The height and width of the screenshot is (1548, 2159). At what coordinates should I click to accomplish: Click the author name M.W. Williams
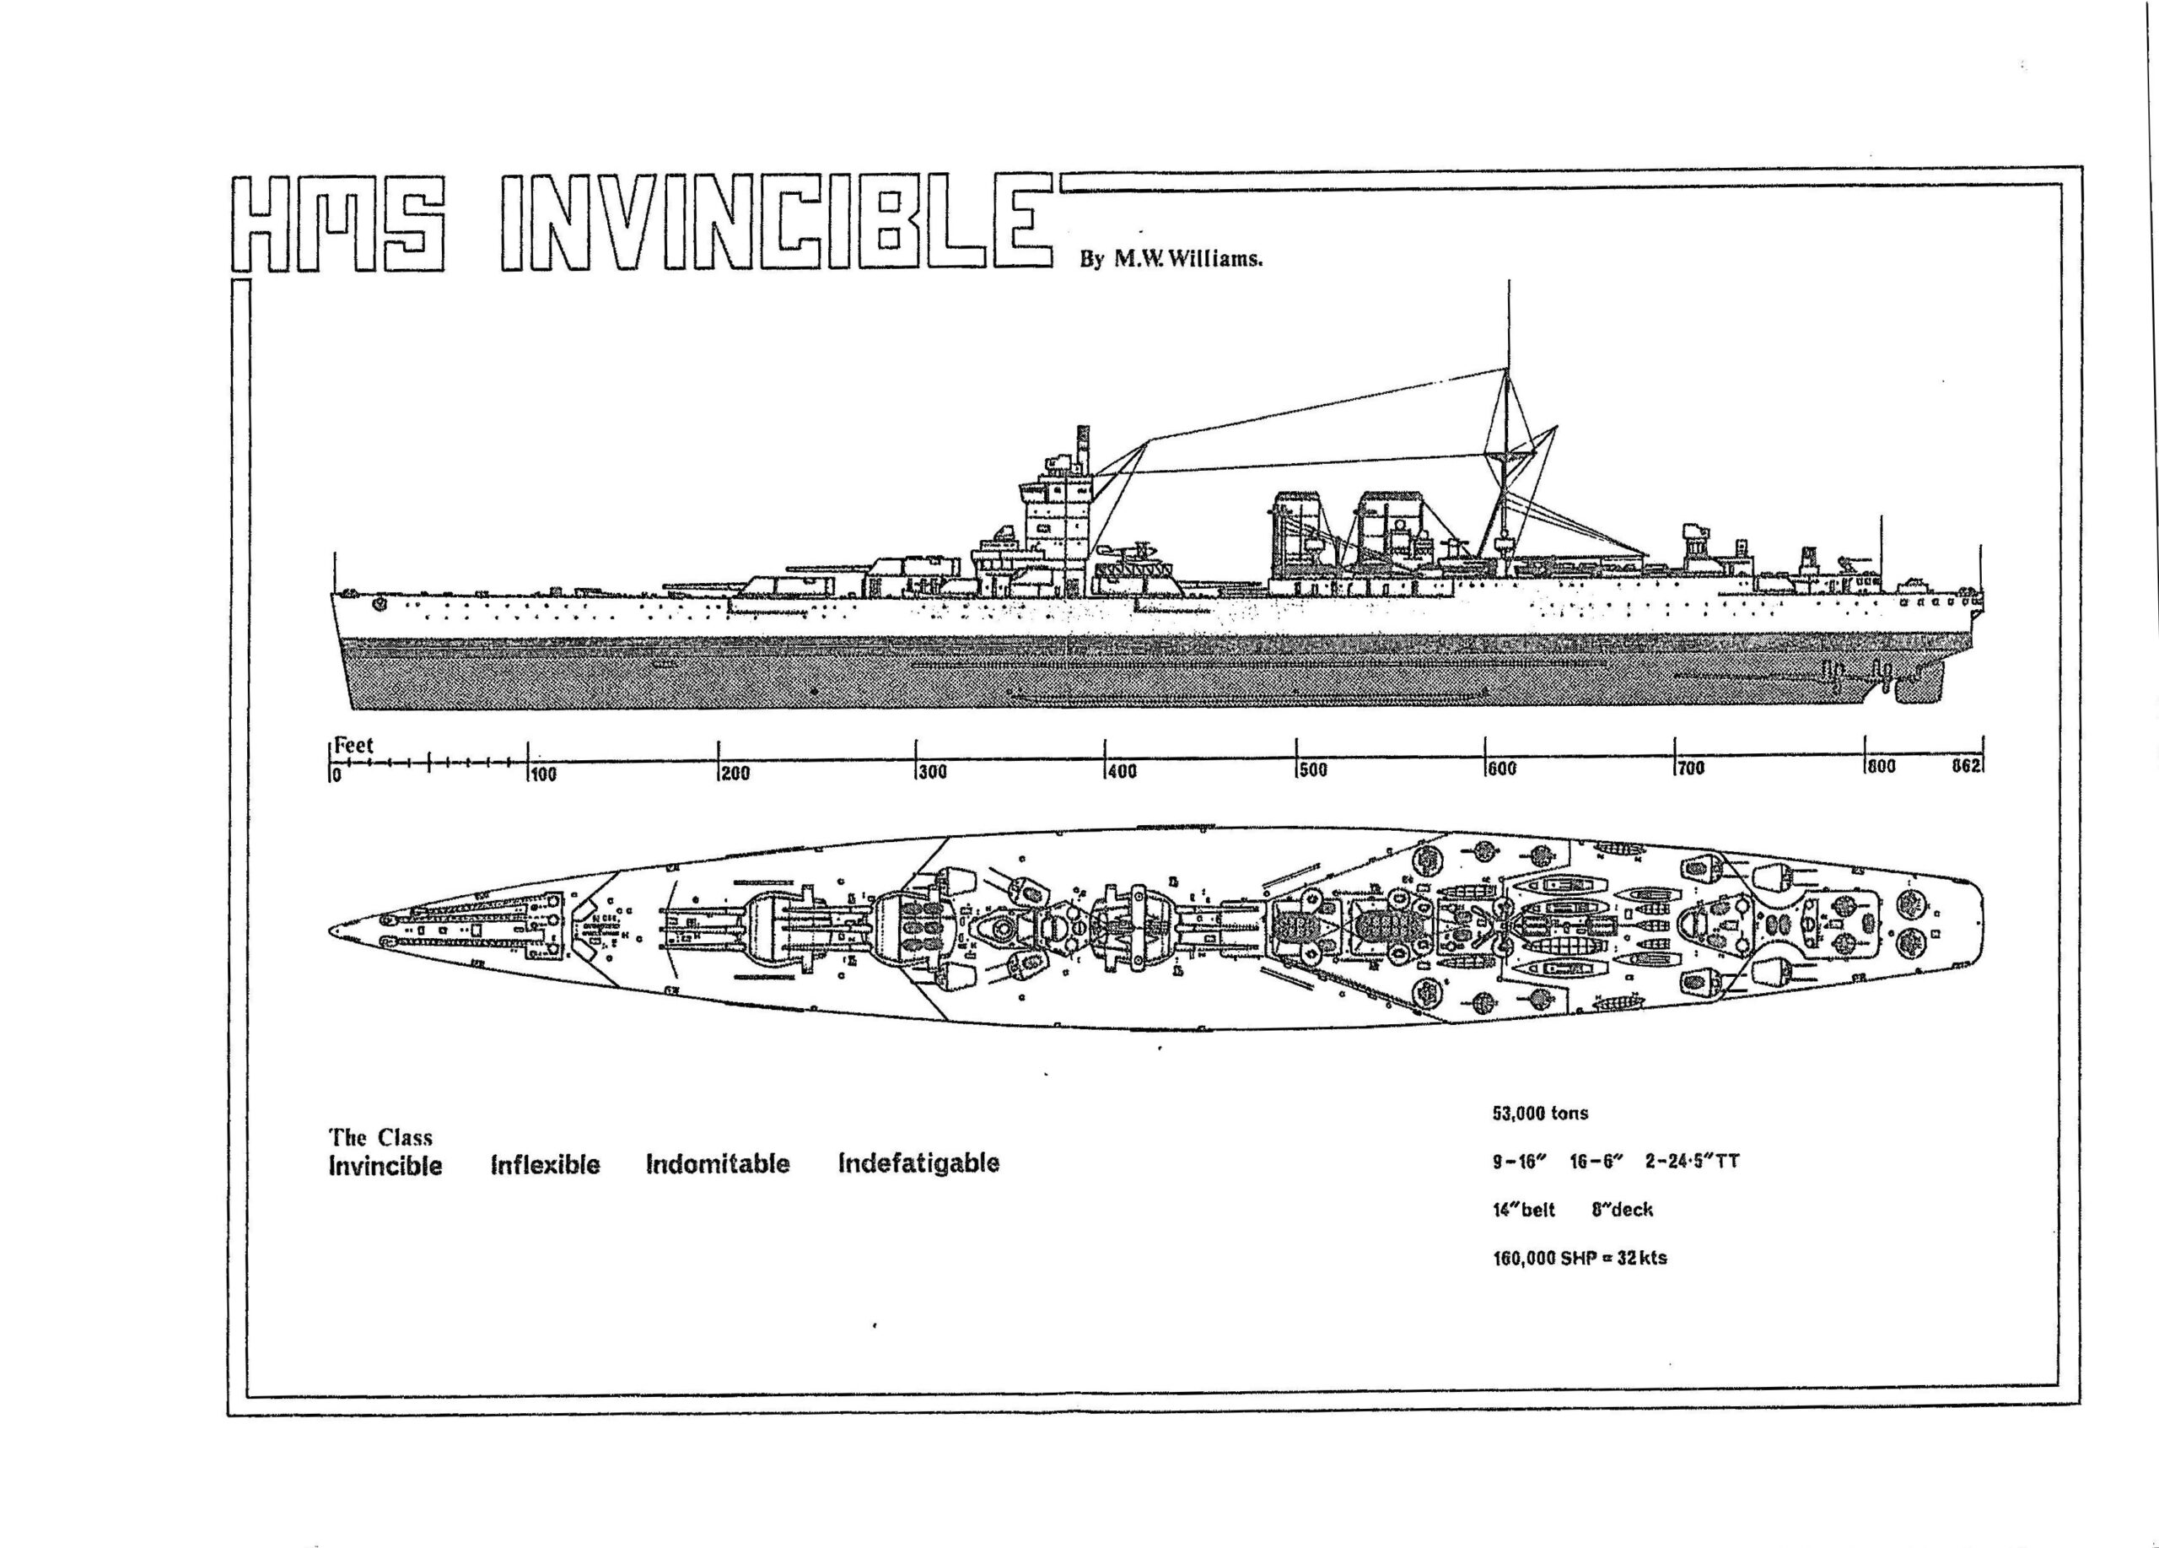click(1170, 259)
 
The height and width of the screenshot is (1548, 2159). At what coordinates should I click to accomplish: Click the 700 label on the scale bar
click(1690, 769)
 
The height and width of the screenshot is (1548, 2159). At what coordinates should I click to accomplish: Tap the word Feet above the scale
click(353, 746)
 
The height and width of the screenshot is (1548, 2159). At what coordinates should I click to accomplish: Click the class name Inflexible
click(546, 1164)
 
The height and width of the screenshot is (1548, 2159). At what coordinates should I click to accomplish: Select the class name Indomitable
click(717, 1163)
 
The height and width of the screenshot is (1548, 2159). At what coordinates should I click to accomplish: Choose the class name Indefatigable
click(918, 1162)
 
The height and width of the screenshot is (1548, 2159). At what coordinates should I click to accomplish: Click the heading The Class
click(380, 1138)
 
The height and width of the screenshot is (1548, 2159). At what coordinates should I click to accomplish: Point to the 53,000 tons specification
click(1540, 1113)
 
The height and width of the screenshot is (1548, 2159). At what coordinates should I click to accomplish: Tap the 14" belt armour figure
click(1523, 1210)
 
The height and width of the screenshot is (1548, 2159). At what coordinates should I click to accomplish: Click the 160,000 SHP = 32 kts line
click(1580, 1258)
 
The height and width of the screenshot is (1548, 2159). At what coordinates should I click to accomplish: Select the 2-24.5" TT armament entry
click(1692, 1162)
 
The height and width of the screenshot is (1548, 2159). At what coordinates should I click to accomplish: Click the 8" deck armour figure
click(1622, 1210)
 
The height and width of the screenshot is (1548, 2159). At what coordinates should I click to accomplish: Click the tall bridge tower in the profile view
click(1057, 533)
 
